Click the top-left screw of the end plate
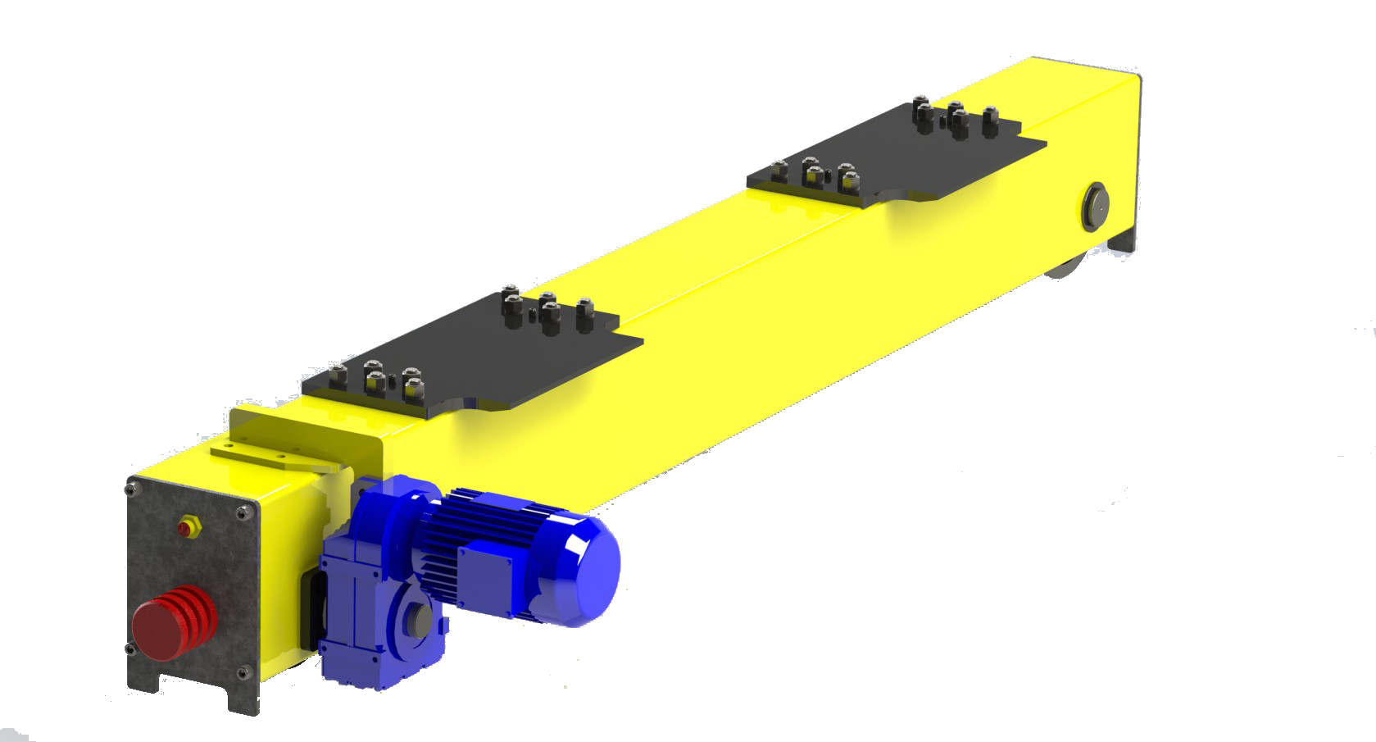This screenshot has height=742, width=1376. point(131,491)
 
